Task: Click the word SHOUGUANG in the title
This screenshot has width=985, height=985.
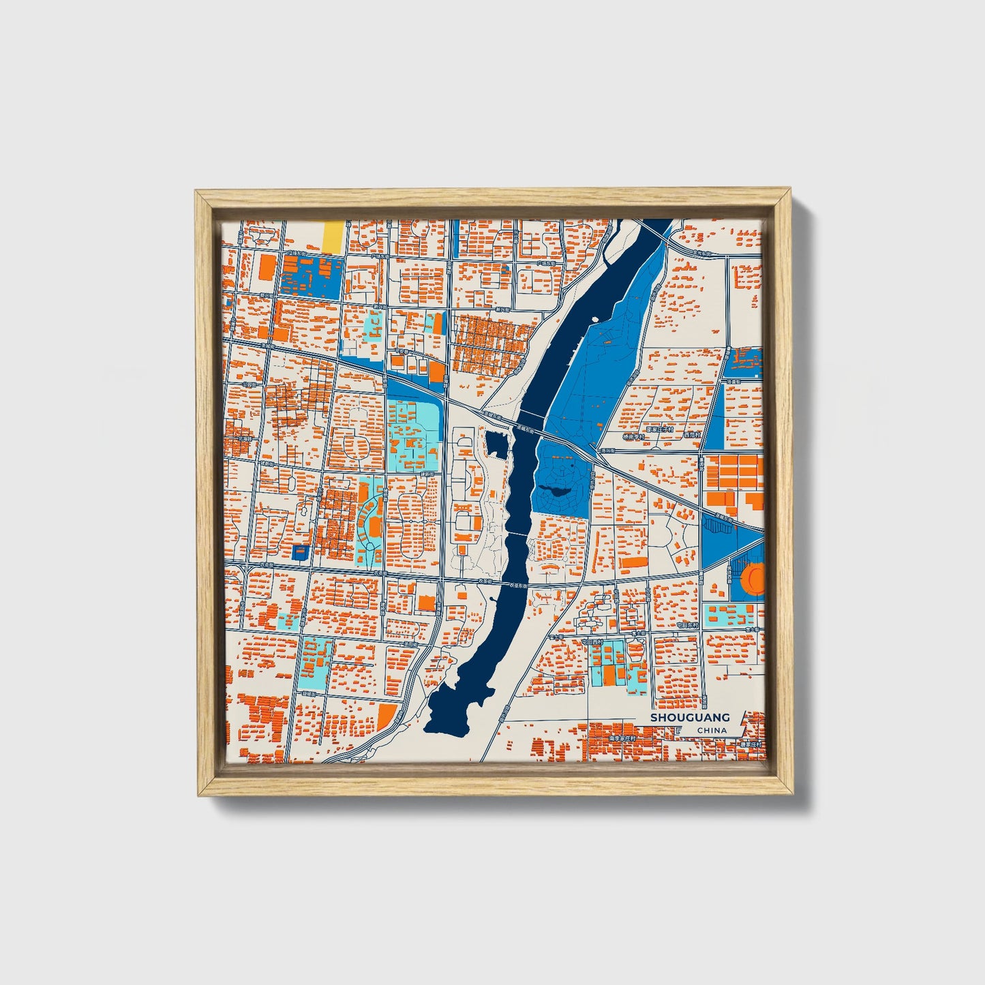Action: pyautogui.click(x=689, y=717)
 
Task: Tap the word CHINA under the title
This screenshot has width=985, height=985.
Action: pyautogui.click(x=712, y=730)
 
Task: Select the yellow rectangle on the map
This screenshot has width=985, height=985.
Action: pyautogui.click(x=333, y=237)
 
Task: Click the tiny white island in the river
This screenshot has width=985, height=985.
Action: pyautogui.click(x=595, y=318)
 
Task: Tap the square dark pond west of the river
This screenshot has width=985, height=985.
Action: pyautogui.click(x=497, y=445)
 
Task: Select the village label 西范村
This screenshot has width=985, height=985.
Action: pyautogui.click(x=691, y=434)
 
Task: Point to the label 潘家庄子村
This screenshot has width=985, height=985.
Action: pyautogui.click(x=659, y=429)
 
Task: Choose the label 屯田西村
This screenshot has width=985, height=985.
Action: pyautogui.click(x=592, y=641)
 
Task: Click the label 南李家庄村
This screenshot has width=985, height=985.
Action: pyautogui.click(x=622, y=738)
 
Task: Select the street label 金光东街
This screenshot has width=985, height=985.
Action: pyautogui.click(x=702, y=253)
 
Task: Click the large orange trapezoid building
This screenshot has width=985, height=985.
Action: pyautogui.click(x=387, y=715)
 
